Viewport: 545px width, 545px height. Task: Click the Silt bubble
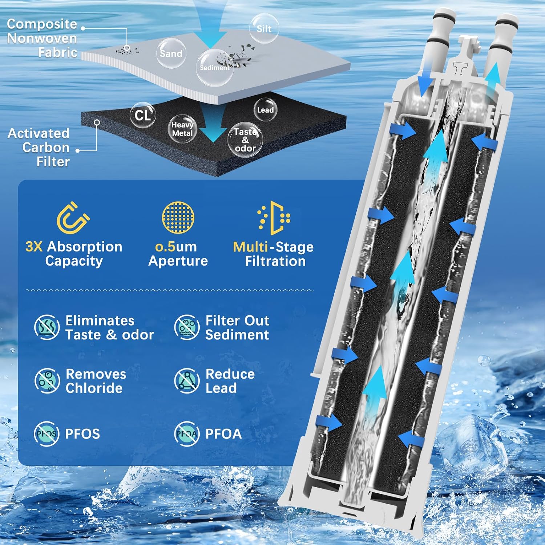264,28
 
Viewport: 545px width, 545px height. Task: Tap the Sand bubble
171,53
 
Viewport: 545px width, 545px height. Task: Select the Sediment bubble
214,68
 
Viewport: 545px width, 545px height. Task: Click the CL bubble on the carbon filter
143,115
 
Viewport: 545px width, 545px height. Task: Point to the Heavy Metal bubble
182,128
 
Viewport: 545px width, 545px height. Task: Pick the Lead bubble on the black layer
265,110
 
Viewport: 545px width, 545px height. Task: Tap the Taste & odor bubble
245,140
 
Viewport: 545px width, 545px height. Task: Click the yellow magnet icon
73,218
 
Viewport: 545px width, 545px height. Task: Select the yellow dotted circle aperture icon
178,217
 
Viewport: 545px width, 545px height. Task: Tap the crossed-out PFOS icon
47,433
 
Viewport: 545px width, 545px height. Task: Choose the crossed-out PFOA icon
187,433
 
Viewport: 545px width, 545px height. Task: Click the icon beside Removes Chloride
47,380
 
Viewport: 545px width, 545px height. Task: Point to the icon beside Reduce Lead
187,380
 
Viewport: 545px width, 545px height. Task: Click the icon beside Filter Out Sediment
187,327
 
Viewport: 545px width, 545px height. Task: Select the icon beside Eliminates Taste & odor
47,327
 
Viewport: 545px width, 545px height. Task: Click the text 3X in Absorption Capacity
34,247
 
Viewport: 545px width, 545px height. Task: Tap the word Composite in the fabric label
42,24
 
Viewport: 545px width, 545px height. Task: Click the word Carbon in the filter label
46,148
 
